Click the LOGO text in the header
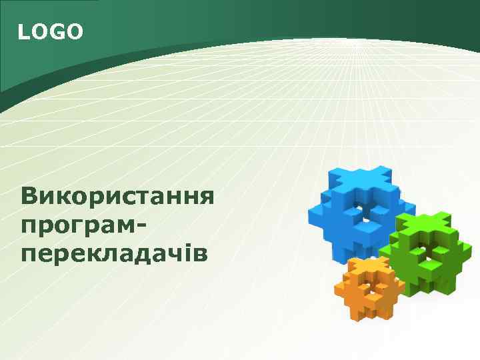click(51, 31)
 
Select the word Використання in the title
click(117, 197)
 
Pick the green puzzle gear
click(424, 250)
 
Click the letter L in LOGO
click(23, 31)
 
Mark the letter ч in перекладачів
click(175, 253)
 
